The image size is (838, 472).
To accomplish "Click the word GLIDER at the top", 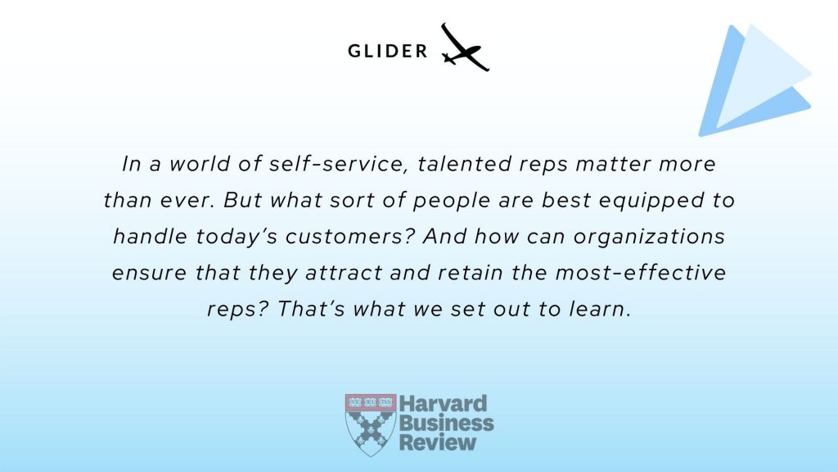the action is pyautogui.click(x=387, y=51).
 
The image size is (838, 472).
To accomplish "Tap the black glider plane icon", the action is pyautogui.click(x=465, y=48).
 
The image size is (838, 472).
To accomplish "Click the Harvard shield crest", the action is pyautogui.click(x=371, y=425).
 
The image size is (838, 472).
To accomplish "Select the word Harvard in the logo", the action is pyautogui.click(x=443, y=403).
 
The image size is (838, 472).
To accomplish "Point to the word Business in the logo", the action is pyautogui.click(x=446, y=423).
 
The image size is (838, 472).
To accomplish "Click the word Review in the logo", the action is pyautogui.click(x=438, y=442).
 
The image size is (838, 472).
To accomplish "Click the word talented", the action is pyautogui.click(x=465, y=163).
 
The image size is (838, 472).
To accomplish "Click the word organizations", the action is pyautogui.click(x=649, y=237).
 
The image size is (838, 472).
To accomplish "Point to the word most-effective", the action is pyautogui.click(x=640, y=272).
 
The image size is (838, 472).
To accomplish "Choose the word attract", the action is pyautogui.click(x=344, y=273).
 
